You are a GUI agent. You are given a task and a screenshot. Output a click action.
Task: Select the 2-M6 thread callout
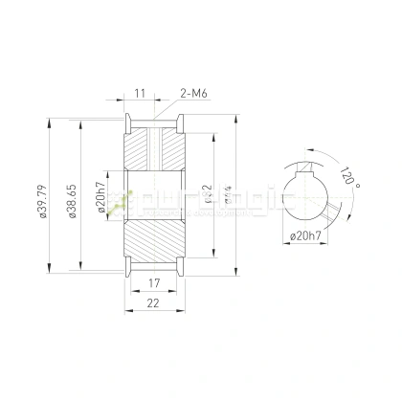pos(194,95)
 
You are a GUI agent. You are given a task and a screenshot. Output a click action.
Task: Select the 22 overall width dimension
pos(153,303)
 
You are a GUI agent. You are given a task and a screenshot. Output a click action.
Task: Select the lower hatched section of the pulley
pos(153,239)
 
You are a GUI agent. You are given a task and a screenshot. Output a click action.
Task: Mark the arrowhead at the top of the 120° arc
pos(309,150)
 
